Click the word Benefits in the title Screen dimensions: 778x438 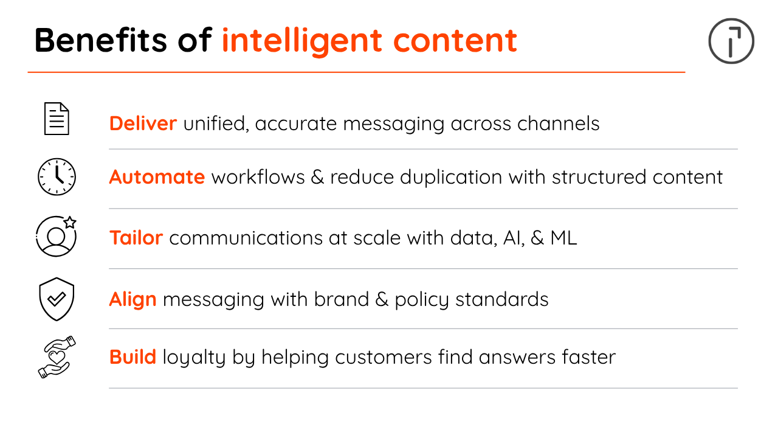point(101,40)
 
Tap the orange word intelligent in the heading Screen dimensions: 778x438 point(302,42)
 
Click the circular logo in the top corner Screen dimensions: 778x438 point(731,41)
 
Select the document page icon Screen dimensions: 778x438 point(57,119)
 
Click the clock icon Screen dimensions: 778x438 point(57,176)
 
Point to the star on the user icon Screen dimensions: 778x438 point(70,222)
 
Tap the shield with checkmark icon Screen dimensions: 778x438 point(57,299)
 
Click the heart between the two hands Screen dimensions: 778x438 point(57,356)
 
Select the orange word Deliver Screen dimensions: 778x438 point(143,123)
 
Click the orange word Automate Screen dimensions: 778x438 point(157,177)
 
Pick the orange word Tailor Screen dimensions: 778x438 point(136,238)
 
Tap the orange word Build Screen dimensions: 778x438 point(133,357)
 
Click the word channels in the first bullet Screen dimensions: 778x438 point(559,123)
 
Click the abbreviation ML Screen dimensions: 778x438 point(563,238)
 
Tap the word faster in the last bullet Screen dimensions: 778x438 point(589,357)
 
